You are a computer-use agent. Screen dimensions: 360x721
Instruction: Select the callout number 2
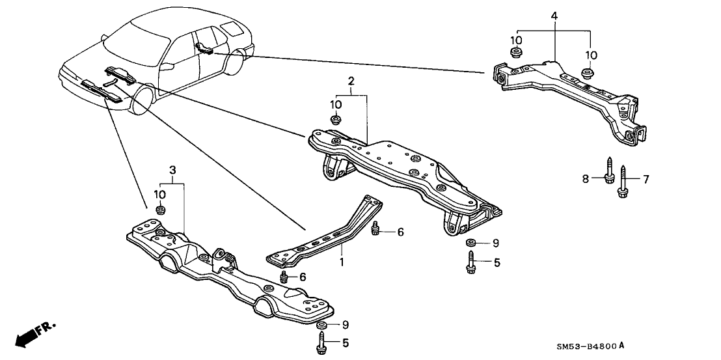pyautogui.click(x=351, y=81)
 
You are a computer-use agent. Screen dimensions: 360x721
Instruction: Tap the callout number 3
pyautogui.click(x=172, y=170)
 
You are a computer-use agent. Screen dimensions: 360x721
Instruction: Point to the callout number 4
pyautogui.click(x=554, y=15)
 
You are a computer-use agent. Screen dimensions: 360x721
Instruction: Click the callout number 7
pyautogui.click(x=646, y=178)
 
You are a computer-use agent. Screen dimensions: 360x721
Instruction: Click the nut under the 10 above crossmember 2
pyautogui.click(x=336, y=120)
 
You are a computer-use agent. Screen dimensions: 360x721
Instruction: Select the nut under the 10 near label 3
pyautogui.click(x=161, y=209)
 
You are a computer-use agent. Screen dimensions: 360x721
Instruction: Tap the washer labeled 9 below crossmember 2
pyautogui.click(x=470, y=243)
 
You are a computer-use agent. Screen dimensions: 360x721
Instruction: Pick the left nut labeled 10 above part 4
pyautogui.click(x=515, y=52)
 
